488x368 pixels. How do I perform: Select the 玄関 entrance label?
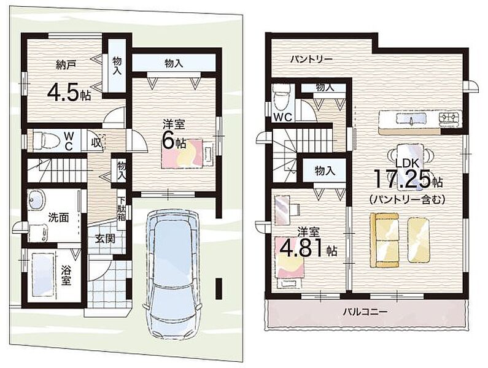click(x=105, y=239)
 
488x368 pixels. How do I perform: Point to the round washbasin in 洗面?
click(x=36, y=199)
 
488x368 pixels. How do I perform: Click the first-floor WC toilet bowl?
click(x=43, y=140)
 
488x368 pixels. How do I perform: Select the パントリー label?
click(x=307, y=59)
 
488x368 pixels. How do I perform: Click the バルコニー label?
click(x=365, y=312)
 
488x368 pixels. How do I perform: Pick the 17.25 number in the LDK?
click(x=401, y=180)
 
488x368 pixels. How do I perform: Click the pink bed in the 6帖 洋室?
click(x=187, y=153)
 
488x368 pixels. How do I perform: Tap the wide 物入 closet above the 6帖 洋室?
click(x=173, y=63)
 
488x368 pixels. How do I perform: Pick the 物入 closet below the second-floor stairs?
click(x=325, y=171)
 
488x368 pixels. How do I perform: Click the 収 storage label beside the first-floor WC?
click(x=96, y=144)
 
